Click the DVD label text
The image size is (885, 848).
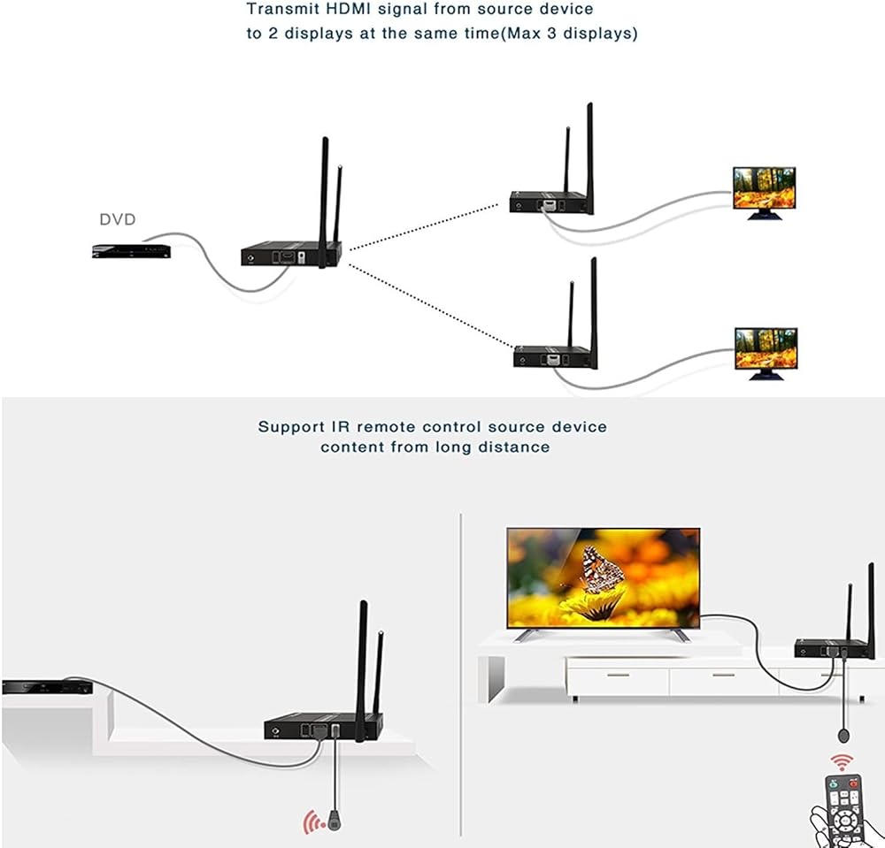(117, 219)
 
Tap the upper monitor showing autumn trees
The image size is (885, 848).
(763, 188)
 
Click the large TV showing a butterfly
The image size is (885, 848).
(603, 577)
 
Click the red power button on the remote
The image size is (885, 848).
(852, 783)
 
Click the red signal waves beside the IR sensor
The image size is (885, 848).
(311, 823)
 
